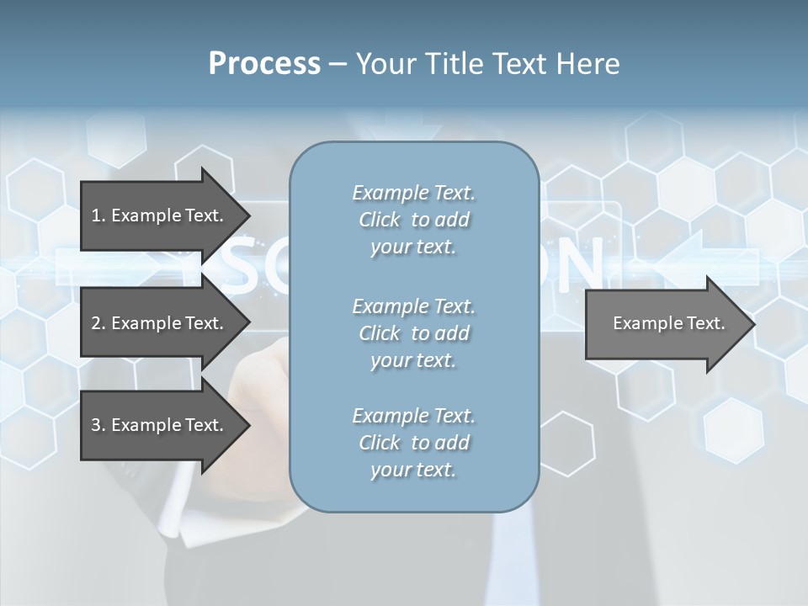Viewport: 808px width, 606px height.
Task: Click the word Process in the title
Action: click(x=264, y=64)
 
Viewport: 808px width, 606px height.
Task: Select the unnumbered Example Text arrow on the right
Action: click(x=668, y=323)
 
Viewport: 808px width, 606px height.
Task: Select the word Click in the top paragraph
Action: click(x=380, y=221)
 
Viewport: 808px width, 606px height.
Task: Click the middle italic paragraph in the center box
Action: click(x=413, y=333)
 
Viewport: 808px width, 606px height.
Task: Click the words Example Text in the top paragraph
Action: click(x=413, y=193)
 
